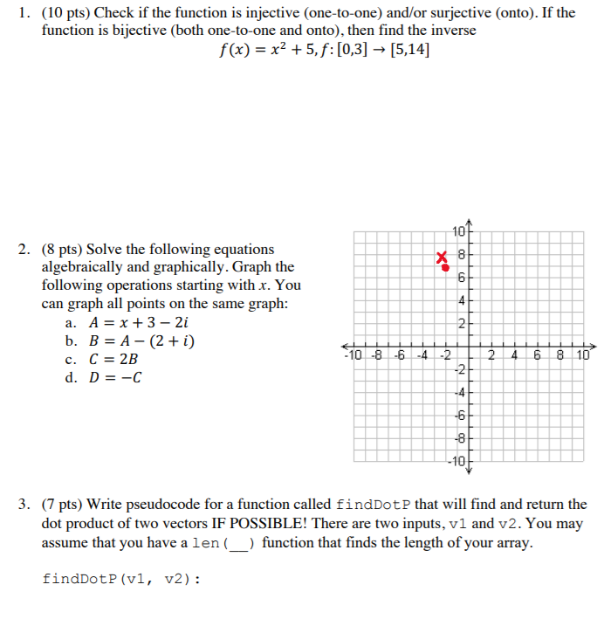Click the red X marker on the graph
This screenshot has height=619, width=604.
(443, 257)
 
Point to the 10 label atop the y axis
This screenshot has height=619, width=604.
(459, 231)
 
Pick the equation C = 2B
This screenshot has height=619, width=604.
(113, 359)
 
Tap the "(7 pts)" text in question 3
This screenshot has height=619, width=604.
(63, 505)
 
